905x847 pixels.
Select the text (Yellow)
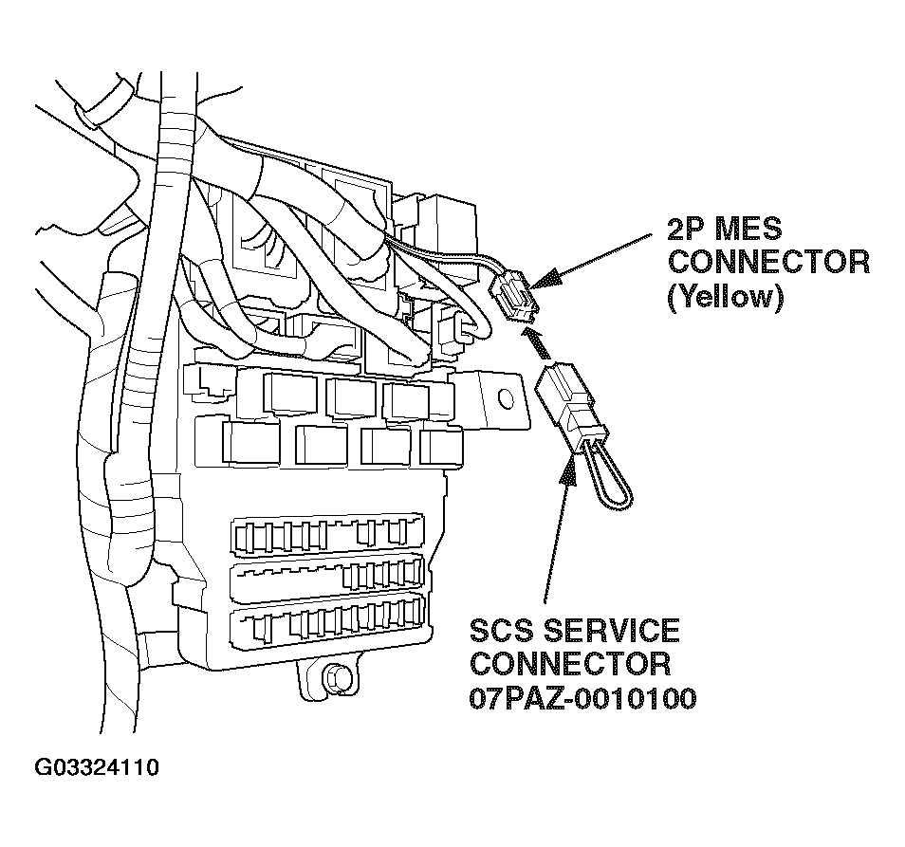727,297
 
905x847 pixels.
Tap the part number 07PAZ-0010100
582,699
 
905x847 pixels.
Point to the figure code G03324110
97,766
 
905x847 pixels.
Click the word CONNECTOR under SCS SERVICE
570,664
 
